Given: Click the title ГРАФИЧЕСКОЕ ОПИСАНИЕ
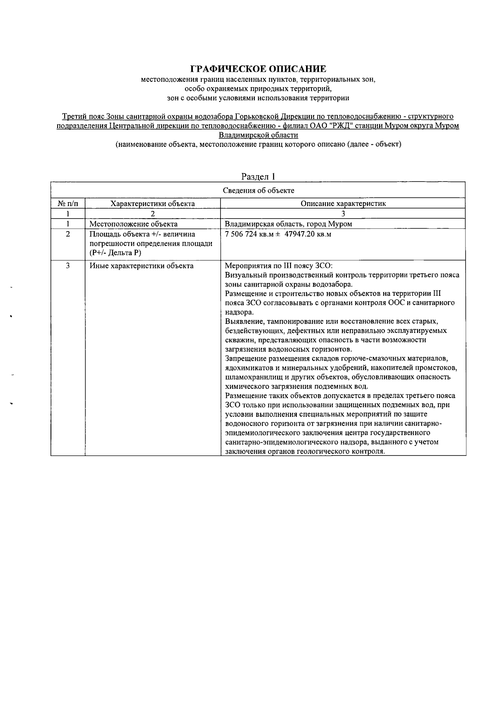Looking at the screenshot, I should pos(258,69).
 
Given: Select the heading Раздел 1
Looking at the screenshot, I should pos(258,176).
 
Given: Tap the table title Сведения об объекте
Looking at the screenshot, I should pos(258,191).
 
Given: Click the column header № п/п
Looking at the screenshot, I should pos(68,204).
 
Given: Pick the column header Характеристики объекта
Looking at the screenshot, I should pos(152,204).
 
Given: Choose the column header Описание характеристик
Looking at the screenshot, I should pos(343,204).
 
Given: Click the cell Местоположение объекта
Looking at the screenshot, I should pos(133,224).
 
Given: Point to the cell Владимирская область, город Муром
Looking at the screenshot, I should pos(288,224).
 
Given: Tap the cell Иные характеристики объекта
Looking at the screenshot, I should pos(141,266).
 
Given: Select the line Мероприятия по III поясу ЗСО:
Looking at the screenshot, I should pos(278,266).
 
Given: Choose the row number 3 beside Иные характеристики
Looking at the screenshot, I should pos(68,266).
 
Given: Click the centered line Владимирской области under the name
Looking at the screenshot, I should pos(258,135).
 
